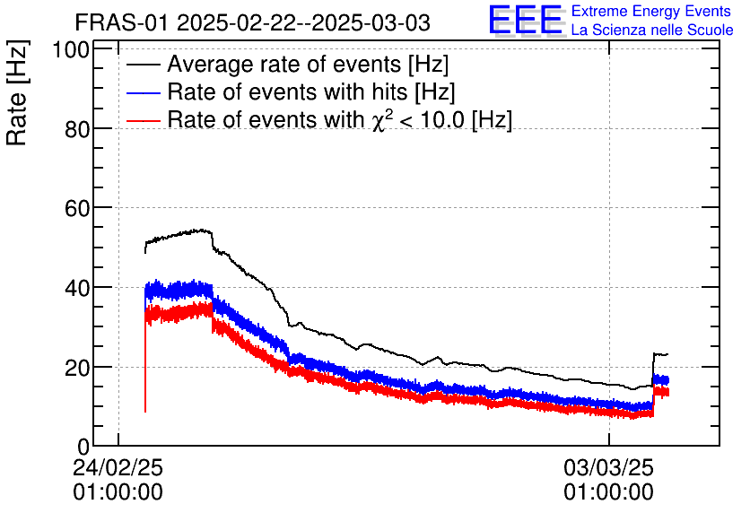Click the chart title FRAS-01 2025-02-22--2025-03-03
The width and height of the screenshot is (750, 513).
[252, 22]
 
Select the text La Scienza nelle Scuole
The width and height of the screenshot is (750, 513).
[652, 30]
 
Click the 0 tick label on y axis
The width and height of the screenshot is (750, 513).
[83, 447]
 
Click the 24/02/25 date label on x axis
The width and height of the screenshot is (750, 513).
[118, 469]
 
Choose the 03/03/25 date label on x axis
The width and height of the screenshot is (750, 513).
[608, 469]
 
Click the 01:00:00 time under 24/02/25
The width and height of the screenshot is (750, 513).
[118, 492]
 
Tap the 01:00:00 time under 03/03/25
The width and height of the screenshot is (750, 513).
[608, 492]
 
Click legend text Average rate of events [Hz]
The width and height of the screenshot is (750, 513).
[308, 65]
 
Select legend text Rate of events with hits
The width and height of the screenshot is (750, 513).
[311, 92]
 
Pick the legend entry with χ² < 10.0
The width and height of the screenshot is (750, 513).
[339, 120]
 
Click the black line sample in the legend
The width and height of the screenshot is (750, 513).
[144, 65]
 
